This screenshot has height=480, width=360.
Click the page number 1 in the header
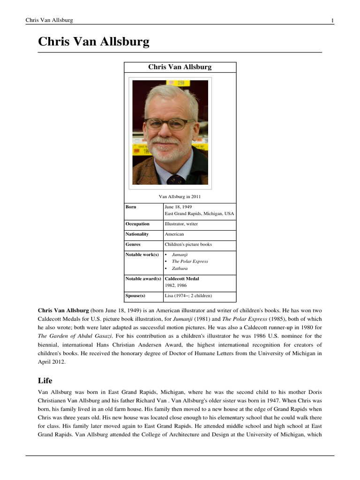(x=332, y=20)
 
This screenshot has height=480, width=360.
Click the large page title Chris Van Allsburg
(x=94, y=42)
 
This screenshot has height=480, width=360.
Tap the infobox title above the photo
(x=180, y=67)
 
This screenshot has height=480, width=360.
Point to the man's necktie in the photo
(x=176, y=180)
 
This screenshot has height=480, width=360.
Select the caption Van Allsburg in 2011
(x=180, y=196)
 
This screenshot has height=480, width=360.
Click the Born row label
(x=131, y=207)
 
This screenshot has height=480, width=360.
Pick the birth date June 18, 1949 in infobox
(x=178, y=207)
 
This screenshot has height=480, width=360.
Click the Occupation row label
(x=137, y=224)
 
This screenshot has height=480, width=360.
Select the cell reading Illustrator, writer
(x=181, y=224)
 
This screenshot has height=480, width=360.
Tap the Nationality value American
(x=174, y=234)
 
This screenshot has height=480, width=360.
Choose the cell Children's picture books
(x=188, y=245)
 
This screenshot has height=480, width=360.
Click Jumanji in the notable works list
(x=180, y=254)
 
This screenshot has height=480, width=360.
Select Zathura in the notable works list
(x=180, y=269)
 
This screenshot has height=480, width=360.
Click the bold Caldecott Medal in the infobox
(x=182, y=279)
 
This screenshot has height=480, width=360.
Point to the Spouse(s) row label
(x=135, y=296)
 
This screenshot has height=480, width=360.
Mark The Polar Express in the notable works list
(x=190, y=262)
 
